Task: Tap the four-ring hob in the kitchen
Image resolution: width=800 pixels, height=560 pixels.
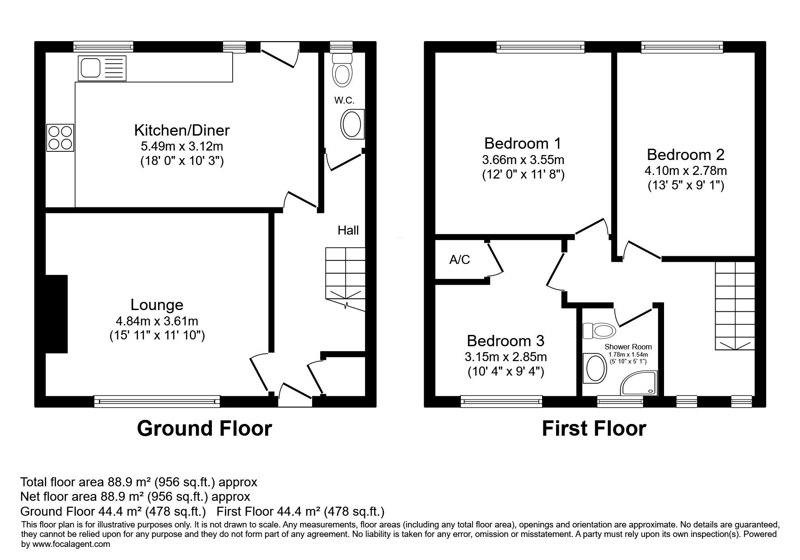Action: [60, 138]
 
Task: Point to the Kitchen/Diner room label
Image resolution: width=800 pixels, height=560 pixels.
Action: [182, 130]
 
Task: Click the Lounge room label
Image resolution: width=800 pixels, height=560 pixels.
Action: [157, 305]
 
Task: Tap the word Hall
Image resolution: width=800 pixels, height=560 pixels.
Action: [348, 231]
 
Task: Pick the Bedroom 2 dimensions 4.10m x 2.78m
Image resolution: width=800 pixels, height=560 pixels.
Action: [685, 171]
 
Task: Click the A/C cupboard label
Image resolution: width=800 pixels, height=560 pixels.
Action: [460, 259]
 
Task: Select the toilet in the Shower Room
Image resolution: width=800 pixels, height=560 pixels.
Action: [599, 331]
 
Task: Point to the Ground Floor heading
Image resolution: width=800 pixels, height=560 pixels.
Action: [204, 428]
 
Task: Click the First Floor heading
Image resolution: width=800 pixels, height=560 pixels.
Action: [594, 428]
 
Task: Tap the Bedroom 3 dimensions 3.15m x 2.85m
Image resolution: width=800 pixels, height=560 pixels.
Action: [505, 357]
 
